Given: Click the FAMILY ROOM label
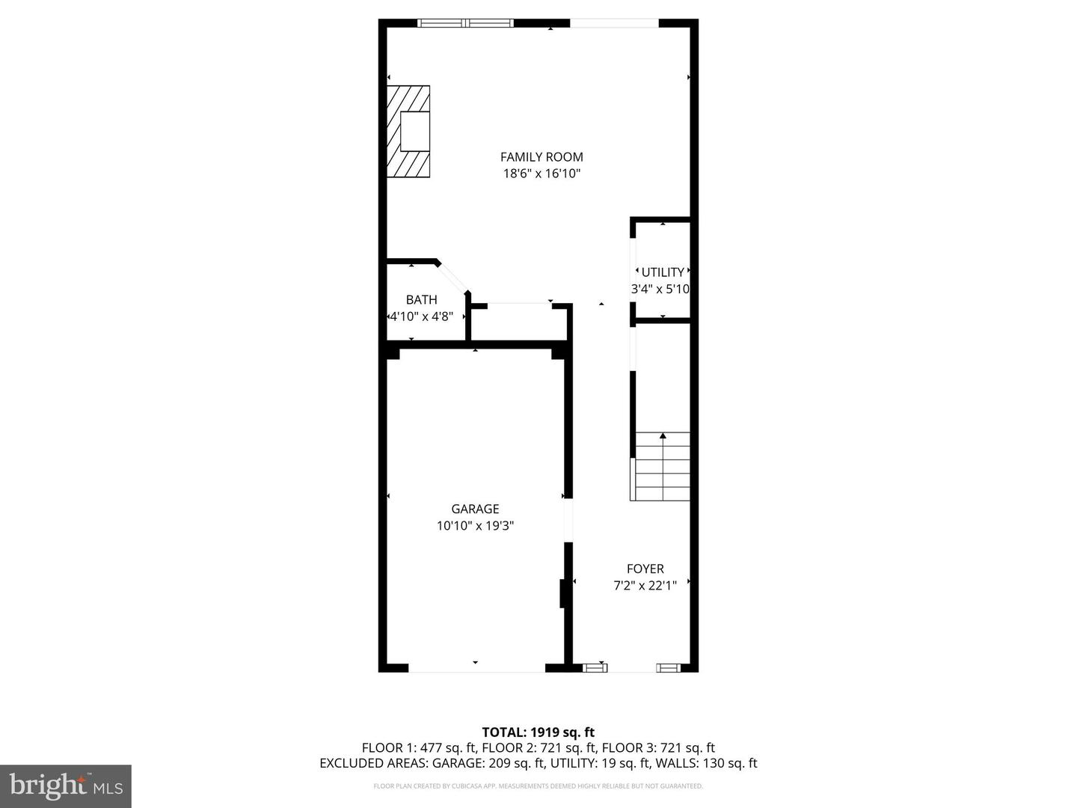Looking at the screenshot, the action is (541, 157).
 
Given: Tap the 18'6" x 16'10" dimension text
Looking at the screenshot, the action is (541, 174).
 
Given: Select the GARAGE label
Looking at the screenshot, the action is (475, 509).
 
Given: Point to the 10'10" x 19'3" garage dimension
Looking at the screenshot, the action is (475, 526).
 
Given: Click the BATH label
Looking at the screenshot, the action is (422, 299).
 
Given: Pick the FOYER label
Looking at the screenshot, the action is (645, 569).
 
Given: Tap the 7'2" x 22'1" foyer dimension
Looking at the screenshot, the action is (645, 585).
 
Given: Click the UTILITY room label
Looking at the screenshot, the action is (663, 272).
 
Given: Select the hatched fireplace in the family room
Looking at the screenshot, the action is (408, 131).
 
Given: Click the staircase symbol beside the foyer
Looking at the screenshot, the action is (660, 466).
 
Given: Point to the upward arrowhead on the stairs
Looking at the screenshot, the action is (663, 435).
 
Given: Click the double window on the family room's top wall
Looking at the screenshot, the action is (465, 23).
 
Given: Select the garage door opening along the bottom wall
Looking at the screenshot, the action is (476, 667).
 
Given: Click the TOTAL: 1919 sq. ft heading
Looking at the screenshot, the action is (538, 732).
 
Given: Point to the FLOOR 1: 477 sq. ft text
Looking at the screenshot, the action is (420, 747).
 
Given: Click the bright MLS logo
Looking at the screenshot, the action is (66, 786).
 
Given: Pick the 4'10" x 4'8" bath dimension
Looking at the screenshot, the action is (422, 316).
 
